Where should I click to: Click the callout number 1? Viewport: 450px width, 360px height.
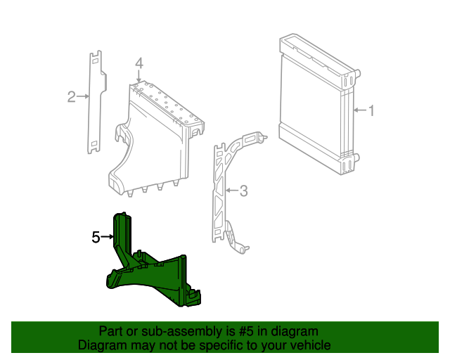pyautogui.click(x=372, y=110)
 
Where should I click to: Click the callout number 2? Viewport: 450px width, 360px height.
pyautogui.click(x=71, y=96)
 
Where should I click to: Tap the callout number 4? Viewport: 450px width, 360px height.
pyautogui.click(x=139, y=64)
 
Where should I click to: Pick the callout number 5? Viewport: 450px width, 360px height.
pyautogui.click(x=96, y=238)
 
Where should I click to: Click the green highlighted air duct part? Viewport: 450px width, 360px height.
pyautogui.click(x=155, y=274)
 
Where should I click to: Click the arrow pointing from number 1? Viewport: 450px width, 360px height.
pyautogui.click(x=359, y=110)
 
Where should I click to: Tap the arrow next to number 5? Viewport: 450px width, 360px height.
pyautogui.click(x=108, y=238)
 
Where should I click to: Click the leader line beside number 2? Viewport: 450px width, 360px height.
pyautogui.click(x=83, y=96)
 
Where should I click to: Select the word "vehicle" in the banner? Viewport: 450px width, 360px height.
pyautogui.click(x=309, y=345)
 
